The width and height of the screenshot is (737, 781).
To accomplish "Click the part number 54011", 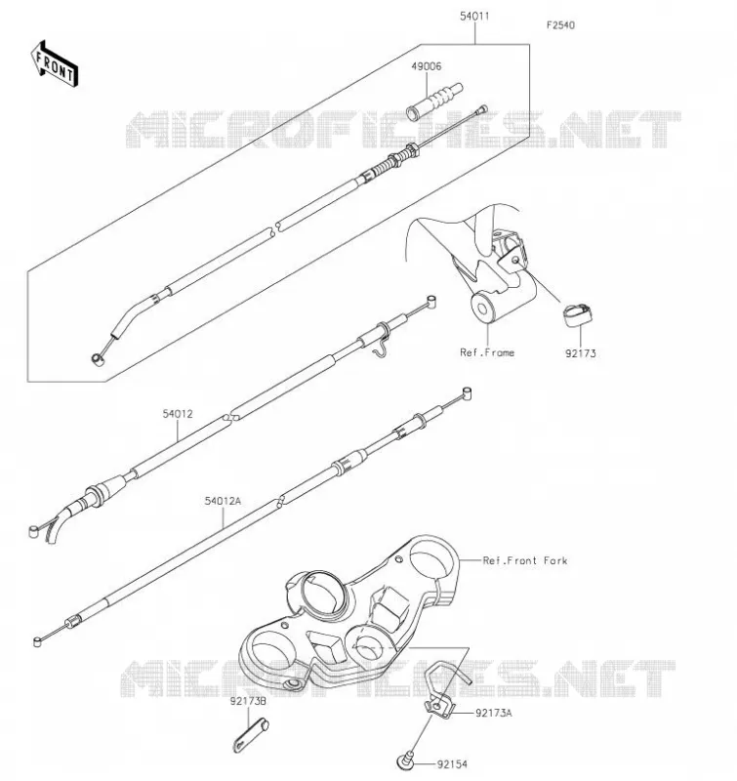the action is [474, 16].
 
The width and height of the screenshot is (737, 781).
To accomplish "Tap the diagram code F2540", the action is [560, 25].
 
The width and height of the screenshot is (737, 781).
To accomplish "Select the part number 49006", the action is [427, 66].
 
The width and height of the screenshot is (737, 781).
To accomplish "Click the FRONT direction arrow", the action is [55, 64].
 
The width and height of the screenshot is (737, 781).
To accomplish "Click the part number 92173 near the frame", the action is [580, 353].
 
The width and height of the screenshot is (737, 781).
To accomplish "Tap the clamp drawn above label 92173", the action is [578, 314].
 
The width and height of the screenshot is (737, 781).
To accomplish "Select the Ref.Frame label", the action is [487, 352].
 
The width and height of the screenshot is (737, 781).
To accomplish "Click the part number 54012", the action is [178, 414].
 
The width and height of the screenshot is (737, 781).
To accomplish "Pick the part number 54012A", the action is [223, 501].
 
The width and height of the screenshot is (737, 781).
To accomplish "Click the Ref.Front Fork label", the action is [525, 560].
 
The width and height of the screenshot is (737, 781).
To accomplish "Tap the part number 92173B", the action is [248, 701].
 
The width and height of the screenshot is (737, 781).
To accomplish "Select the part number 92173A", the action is [494, 714].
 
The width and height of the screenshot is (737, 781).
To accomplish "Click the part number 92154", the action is [452, 764].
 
